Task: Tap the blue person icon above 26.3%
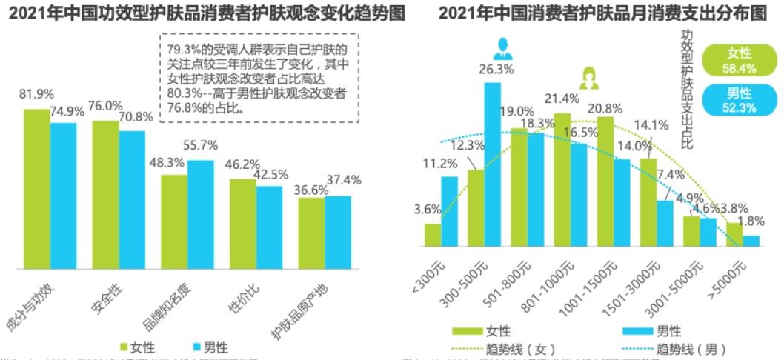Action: pos(501,49)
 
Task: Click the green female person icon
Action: pos(591,77)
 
